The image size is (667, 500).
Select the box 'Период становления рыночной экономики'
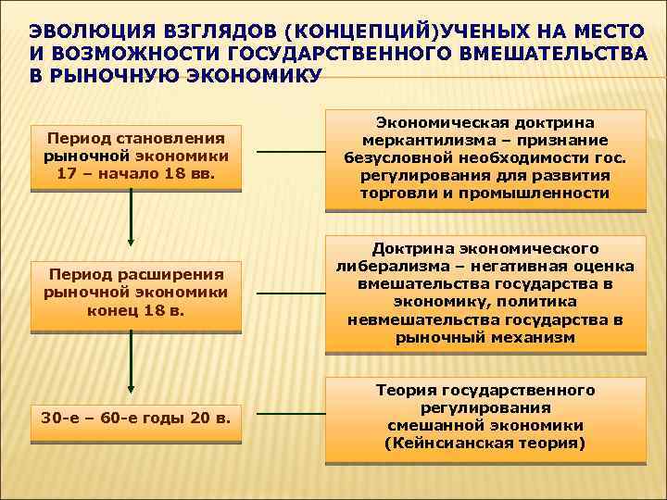point(136,157)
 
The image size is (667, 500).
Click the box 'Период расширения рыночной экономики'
point(136,295)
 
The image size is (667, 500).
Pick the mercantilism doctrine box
point(485,158)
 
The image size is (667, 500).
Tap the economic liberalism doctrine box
point(485,294)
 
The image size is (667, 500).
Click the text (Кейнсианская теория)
point(485,444)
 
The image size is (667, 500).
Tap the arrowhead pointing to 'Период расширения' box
point(132,254)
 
